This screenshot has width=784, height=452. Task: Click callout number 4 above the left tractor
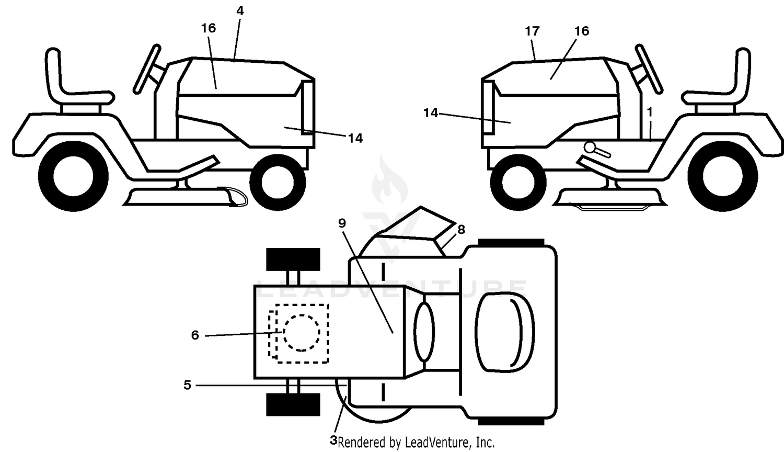240,11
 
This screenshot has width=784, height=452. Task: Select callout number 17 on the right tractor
532,31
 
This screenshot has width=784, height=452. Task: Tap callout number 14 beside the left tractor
355,139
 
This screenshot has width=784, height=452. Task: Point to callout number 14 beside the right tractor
431,113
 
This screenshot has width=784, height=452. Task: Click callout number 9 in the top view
342,223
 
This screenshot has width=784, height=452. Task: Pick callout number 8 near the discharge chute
461,230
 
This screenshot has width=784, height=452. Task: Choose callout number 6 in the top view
195,335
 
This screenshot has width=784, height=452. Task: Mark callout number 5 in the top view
187,385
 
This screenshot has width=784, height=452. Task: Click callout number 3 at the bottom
333,440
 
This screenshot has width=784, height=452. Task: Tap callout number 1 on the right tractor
650,112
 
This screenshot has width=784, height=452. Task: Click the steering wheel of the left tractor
147,69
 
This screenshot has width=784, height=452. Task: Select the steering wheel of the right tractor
649,69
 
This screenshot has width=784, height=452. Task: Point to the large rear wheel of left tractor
73,176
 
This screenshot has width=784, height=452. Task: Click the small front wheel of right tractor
518,182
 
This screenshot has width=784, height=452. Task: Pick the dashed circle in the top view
302,333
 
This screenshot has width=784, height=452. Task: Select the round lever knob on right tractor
590,147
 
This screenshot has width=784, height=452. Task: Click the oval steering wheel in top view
424,332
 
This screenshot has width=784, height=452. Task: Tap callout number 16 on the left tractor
208,28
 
